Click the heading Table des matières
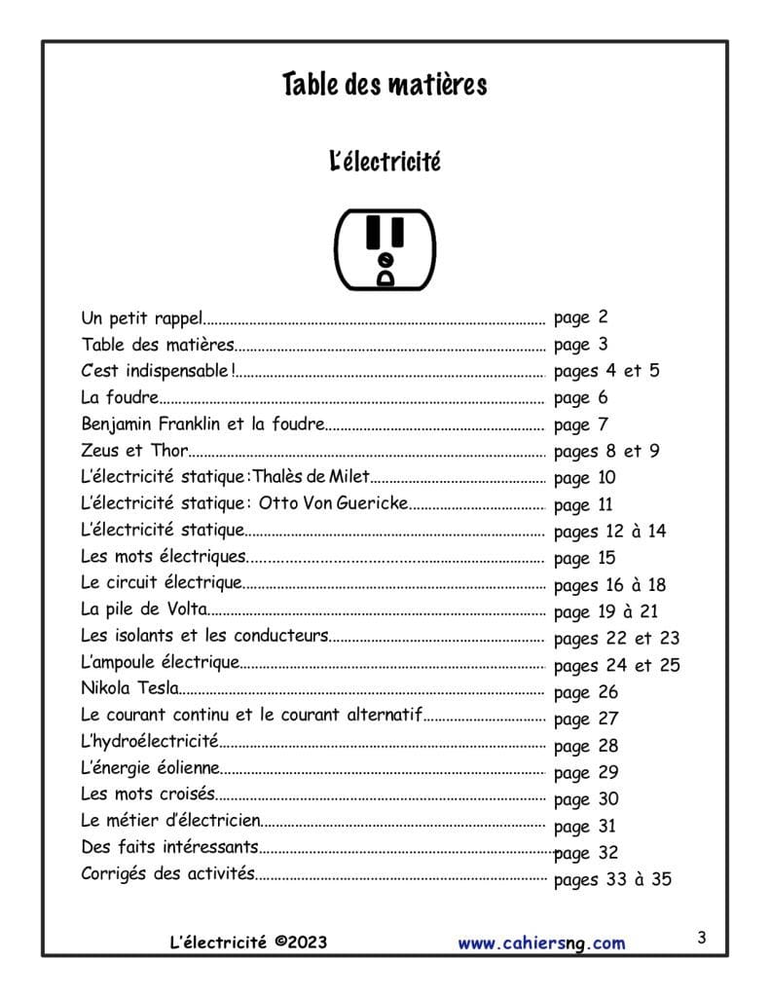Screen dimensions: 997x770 (x=385, y=85)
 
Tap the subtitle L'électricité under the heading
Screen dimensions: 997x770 (x=385, y=161)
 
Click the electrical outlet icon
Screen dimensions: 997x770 (x=385, y=249)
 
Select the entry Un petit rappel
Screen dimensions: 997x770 (x=142, y=317)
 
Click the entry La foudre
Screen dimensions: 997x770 (x=120, y=397)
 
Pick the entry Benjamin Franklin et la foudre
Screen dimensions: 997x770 (x=202, y=425)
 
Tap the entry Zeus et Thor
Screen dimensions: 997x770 (x=134, y=451)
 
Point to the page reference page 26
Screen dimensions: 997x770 (x=585, y=693)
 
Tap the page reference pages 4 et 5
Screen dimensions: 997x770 (x=606, y=371)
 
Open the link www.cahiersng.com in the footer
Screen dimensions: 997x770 (x=541, y=942)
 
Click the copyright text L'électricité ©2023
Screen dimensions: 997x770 (x=247, y=942)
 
